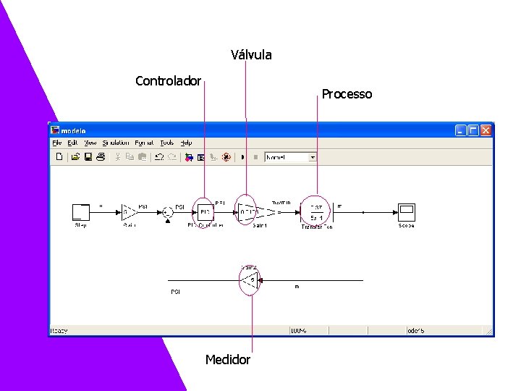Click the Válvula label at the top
coord(251,55)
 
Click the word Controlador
coord(168,80)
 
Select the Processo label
coord(347,94)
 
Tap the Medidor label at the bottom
coord(227,360)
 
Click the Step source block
coord(80,212)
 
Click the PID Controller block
coord(205,212)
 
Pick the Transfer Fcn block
coord(316,212)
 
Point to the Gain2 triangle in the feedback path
coord(248,279)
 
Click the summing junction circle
coord(167,212)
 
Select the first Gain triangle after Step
coord(129,212)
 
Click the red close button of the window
coord(486,130)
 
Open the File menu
coord(56,143)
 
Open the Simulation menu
coord(115,143)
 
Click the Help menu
coord(186,143)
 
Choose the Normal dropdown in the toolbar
coord(291,156)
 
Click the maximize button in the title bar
coord(473,130)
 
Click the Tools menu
coord(166,143)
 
